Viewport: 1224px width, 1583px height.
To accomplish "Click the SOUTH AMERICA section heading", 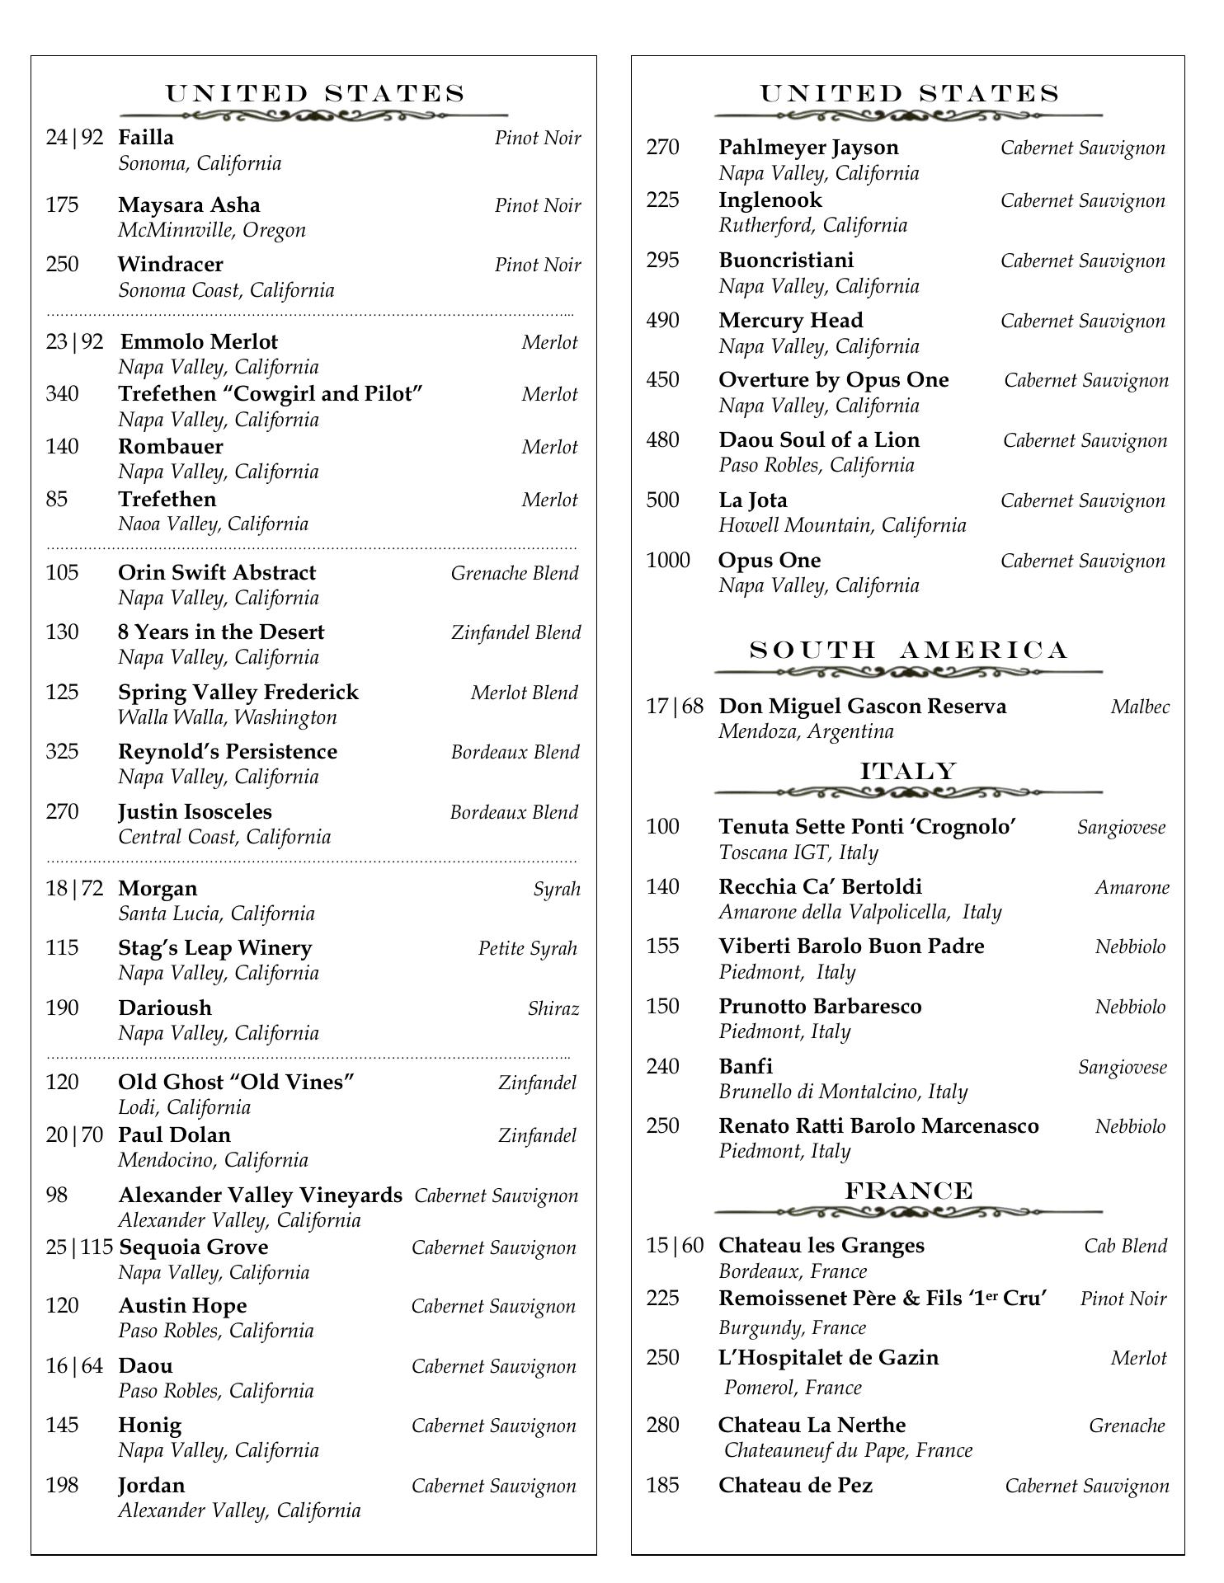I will pos(908,651).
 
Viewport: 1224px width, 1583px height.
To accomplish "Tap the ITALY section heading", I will pos(908,772).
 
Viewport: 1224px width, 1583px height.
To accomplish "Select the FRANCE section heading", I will pos(908,1191).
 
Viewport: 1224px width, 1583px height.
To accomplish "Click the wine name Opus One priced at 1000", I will pos(770,561).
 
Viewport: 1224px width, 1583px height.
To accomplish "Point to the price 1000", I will pos(668,561).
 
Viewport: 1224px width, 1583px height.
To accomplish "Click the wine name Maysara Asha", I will pos(189,205).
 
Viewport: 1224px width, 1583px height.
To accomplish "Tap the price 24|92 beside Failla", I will pos(75,138).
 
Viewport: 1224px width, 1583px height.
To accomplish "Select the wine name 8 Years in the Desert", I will pos(221,632).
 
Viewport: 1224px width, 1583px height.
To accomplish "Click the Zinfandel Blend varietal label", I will pos(515,632).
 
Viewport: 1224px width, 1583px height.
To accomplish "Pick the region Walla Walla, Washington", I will pos(228,717).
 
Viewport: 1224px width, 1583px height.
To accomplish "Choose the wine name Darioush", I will pos(165,1008).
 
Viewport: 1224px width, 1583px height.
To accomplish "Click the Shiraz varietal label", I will pos(553,1008).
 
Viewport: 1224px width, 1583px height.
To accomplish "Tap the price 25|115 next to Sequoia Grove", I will pos(79,1247).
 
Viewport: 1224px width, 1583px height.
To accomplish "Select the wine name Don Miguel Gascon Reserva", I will pos(862,707).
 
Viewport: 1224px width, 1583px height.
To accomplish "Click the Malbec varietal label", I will pos(1140,707).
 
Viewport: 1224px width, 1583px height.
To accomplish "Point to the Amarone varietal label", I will pos(1132,887).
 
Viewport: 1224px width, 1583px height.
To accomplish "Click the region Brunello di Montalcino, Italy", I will pos(843,1092).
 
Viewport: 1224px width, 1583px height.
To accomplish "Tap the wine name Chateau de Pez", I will pos(795,1486).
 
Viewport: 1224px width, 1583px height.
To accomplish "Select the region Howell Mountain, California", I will pos(842,525).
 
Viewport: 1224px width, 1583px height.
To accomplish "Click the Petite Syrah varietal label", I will pos(528,948).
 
